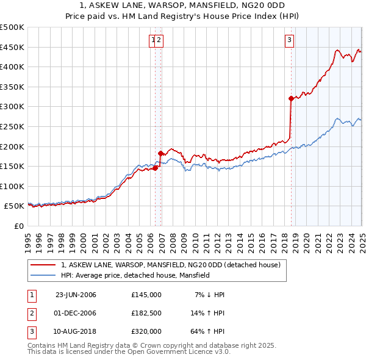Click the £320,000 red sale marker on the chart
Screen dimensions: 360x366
pyautogui.click(x=291, y=98)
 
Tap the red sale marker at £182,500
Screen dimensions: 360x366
pyautogui.click(x=160, y=153)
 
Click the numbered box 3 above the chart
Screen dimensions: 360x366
pyautogui.click(x=289, y=41)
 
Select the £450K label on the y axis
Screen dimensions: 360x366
pyautogui.click(x=12, y=47)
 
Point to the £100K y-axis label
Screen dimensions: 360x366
pyautogui.click(x=12, y=186)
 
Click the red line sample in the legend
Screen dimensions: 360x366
pyautogui.click(x=43, y=265)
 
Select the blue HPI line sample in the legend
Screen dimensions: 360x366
pyautogui.click(x=43, y=276)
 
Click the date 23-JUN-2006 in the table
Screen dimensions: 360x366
pyautogui.click(x=76, y=295)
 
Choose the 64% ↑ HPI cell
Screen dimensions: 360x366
pyautogui.click(x=207, y=331)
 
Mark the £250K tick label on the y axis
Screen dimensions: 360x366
pyautogui.click(x=12, y=126)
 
